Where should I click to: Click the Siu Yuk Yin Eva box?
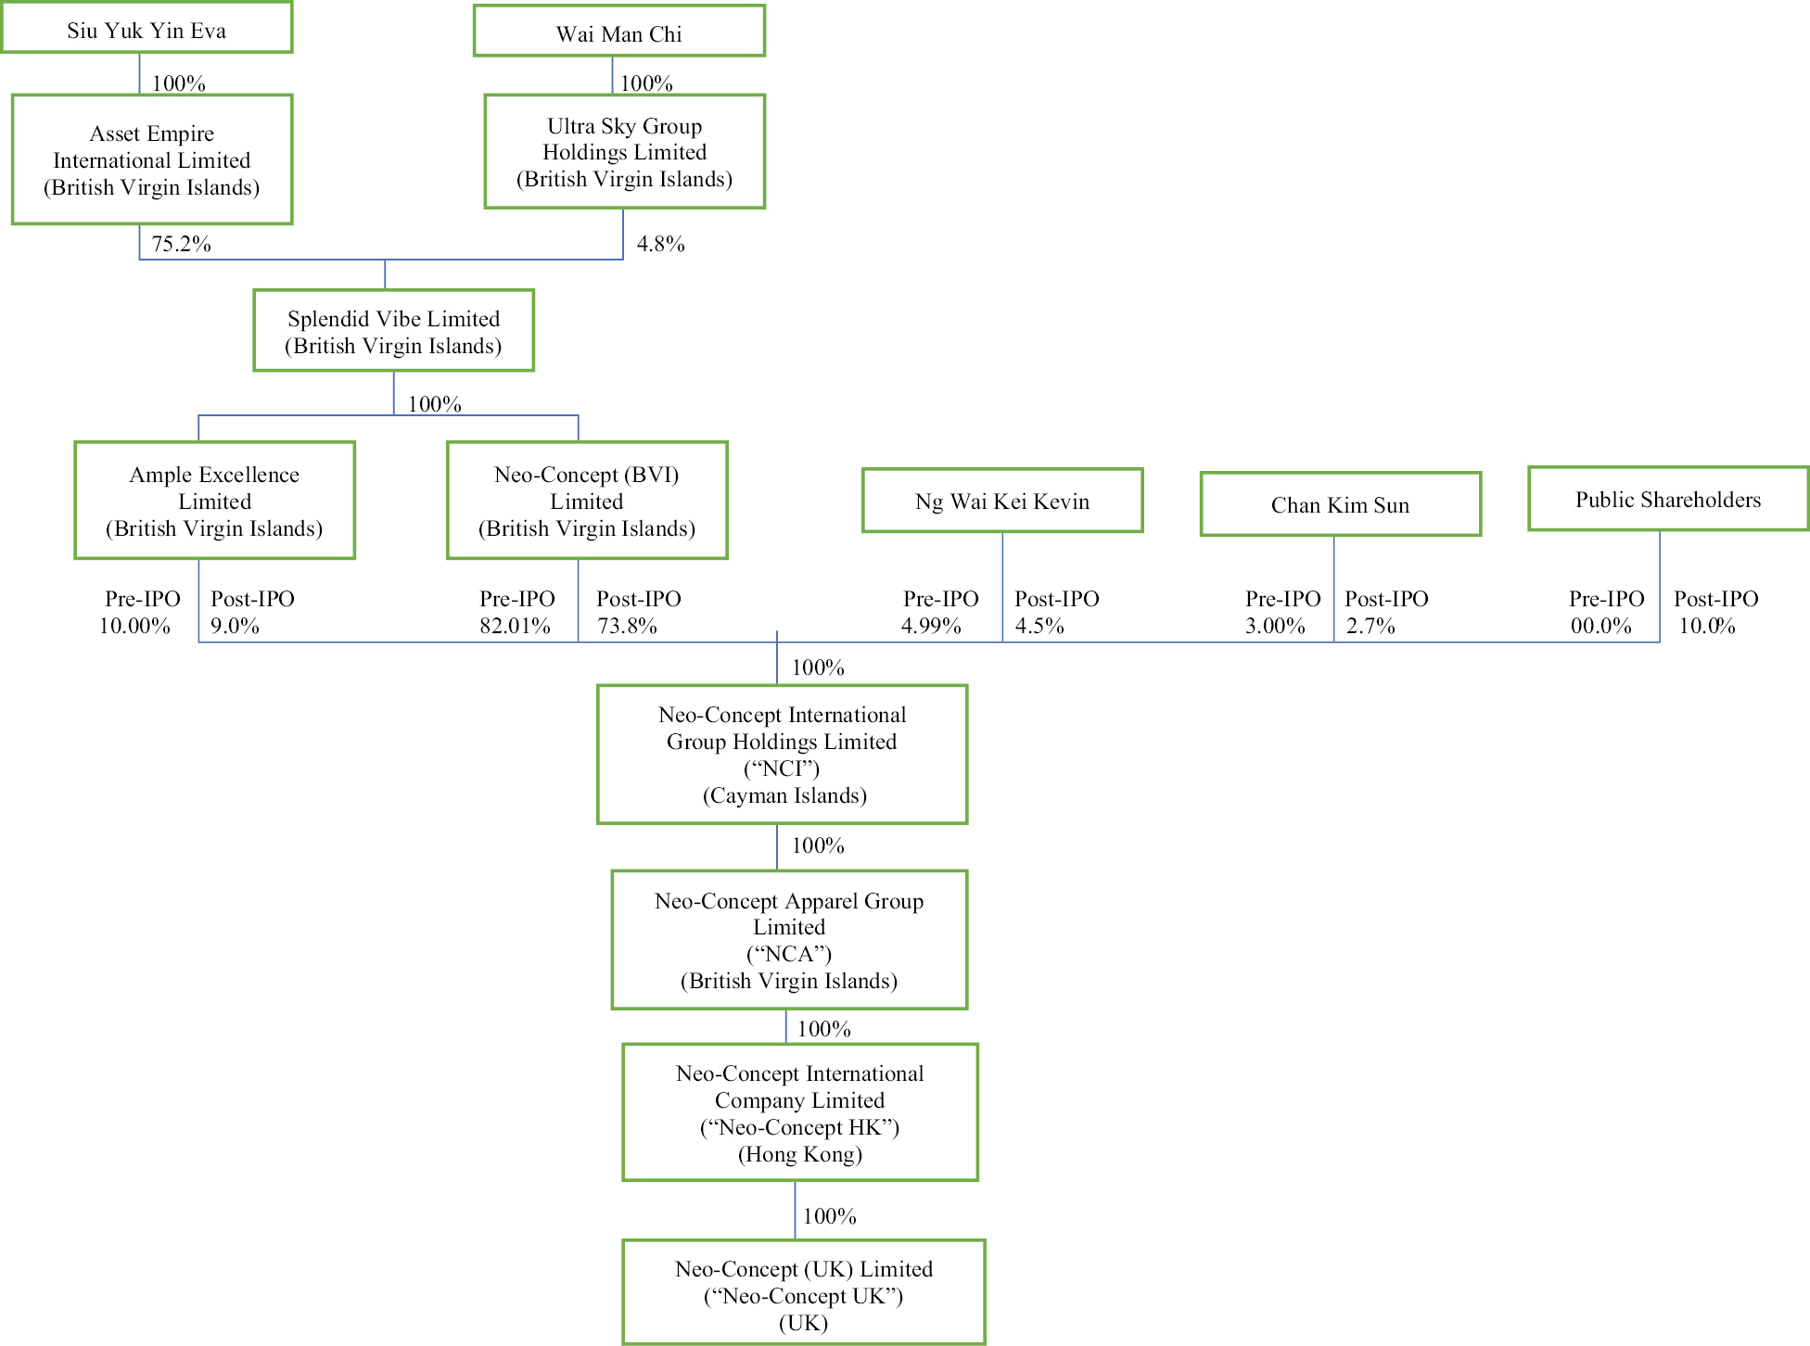tap(147, 29)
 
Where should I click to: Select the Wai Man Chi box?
tap(618, 32)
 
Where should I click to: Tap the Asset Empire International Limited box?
tap(152, 159)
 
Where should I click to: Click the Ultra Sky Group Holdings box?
tap(624, 152)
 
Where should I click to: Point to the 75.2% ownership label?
tap(181, 244)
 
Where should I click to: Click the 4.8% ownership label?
tap(660, 244)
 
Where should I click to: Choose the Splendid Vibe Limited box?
tap(393, 331)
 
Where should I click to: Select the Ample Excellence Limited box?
tap(214, 501)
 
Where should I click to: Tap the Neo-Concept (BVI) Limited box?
tap(587, 501)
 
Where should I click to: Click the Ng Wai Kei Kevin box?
tap(1001, 501)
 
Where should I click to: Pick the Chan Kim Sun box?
tap(1340, 504)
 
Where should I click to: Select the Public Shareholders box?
tap(1667, 499)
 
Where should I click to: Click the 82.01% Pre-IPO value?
tap(515, 626)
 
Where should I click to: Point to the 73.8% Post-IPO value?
tap(627, 626)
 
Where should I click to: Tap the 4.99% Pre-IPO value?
tap(931, 626)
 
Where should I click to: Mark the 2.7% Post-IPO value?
tap(1370, 626)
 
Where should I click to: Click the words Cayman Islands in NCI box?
tap(784, 795)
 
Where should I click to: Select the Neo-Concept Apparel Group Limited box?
tap(789, 939)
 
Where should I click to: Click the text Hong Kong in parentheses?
tap(800, 1154)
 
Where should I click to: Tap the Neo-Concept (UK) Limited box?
tap(803, 1292)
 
